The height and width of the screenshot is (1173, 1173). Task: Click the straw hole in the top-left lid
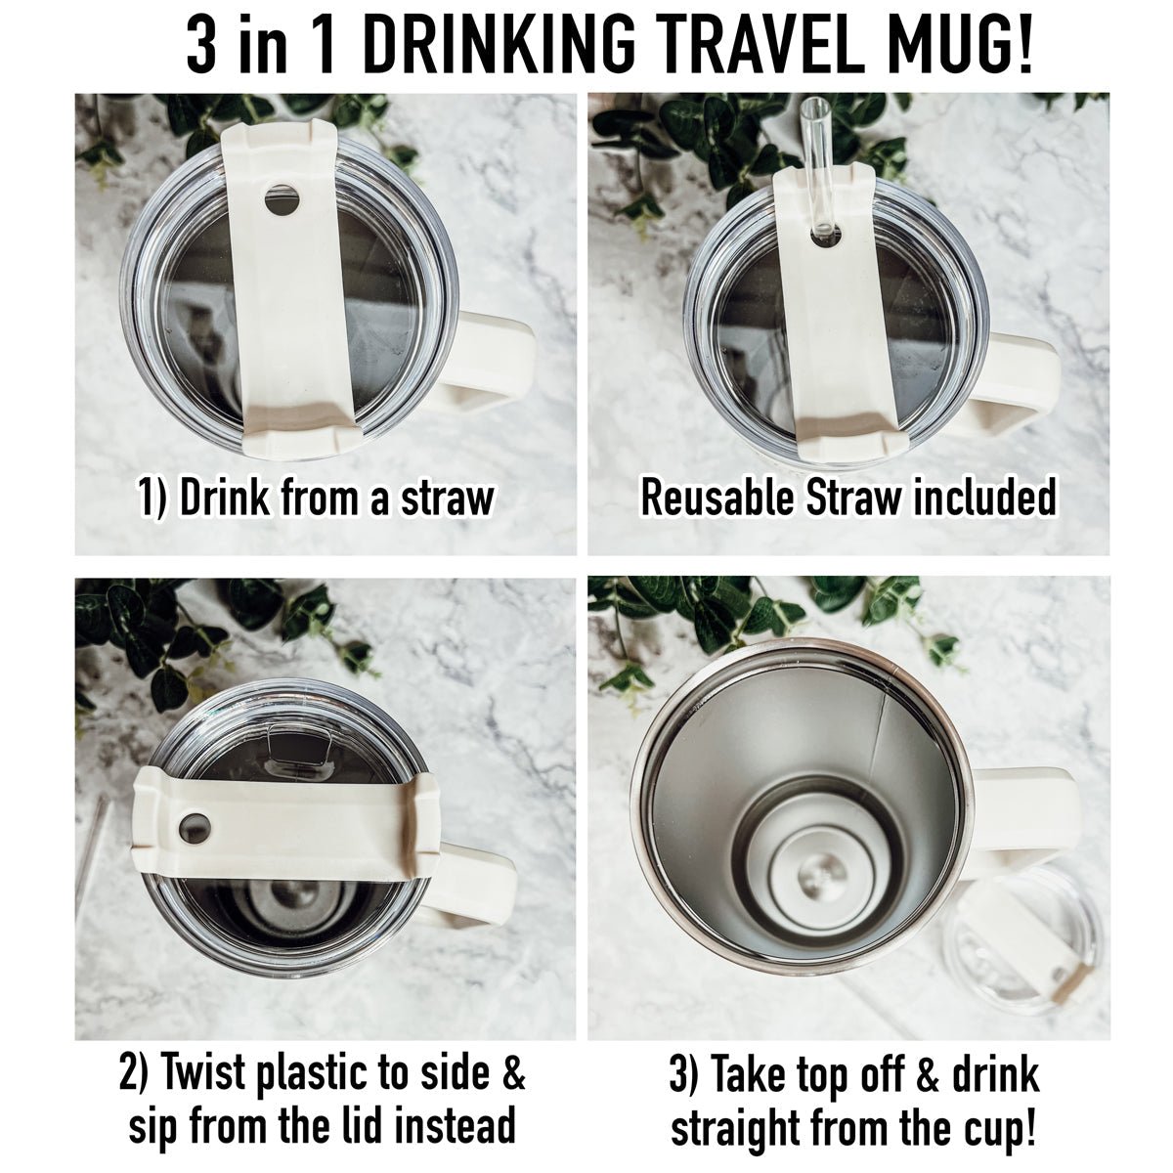pos(282,200)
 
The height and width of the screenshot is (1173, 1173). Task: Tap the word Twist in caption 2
pos(202,1073)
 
